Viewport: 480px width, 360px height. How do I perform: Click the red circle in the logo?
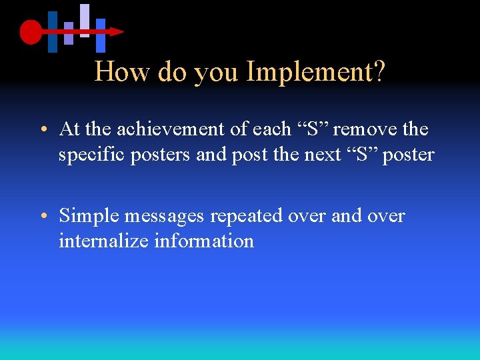31,31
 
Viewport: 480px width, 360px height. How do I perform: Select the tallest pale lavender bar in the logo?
85,20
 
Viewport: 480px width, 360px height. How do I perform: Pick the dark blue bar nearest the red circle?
53,31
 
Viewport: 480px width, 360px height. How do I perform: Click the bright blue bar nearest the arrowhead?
101,35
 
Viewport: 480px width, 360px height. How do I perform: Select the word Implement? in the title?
316,72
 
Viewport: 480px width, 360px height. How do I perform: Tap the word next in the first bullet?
322,155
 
